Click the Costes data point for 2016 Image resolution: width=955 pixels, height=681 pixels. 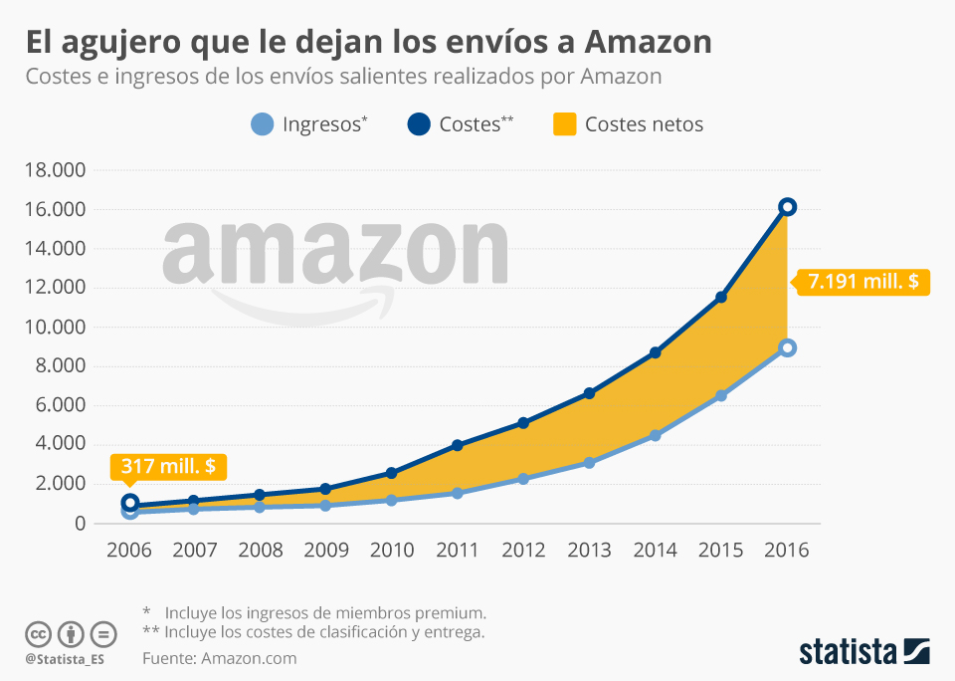[x=787, y=207]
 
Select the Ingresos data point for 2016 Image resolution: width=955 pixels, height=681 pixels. [x=787, y=347]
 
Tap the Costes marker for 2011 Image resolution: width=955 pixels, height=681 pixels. [x=458, y=445]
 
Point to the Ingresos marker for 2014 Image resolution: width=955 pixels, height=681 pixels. [x=655, y=435]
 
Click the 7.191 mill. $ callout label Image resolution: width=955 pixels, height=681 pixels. [x=862, y=282]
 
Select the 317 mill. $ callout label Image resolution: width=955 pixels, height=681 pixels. [x=168, y=466]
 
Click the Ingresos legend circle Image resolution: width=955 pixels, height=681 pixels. [x=262, y=124]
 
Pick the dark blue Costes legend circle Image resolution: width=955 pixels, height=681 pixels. [x=419, y=124]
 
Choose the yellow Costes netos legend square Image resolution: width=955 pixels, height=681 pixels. [x=565, y=124]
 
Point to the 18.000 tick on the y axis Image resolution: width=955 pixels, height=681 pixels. [x=54, y=170]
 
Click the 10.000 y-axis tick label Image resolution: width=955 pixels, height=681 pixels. [x=54, y=328]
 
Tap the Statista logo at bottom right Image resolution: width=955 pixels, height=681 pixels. [x=863, y=652]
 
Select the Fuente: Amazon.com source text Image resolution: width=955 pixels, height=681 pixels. [x=220, y=658]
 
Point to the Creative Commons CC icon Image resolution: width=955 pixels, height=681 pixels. [x=38, y=634]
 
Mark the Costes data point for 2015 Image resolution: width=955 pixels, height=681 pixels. [x=721, y=298]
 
